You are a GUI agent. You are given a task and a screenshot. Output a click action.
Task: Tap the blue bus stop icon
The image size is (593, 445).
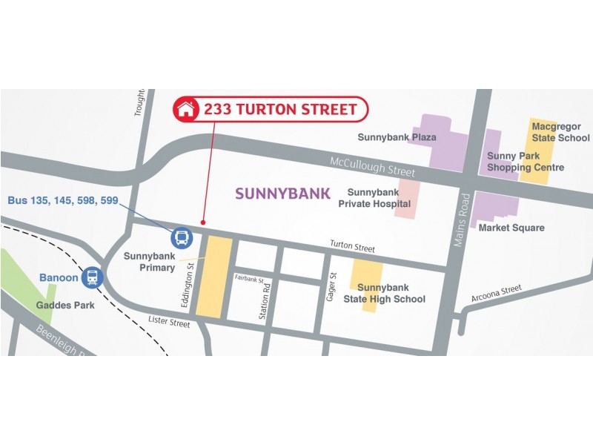[182, 238]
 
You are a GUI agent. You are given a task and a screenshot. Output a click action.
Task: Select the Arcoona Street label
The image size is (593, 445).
[496, 293]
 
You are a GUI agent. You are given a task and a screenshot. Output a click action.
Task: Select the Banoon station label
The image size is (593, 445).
[57, 278]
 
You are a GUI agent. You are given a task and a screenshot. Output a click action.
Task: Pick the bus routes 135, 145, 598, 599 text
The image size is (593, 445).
[63, 200]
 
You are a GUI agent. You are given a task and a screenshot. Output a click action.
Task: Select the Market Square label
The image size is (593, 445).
[511, 228]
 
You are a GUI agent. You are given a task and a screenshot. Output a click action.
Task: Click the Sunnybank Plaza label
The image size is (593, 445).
[397, 137]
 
